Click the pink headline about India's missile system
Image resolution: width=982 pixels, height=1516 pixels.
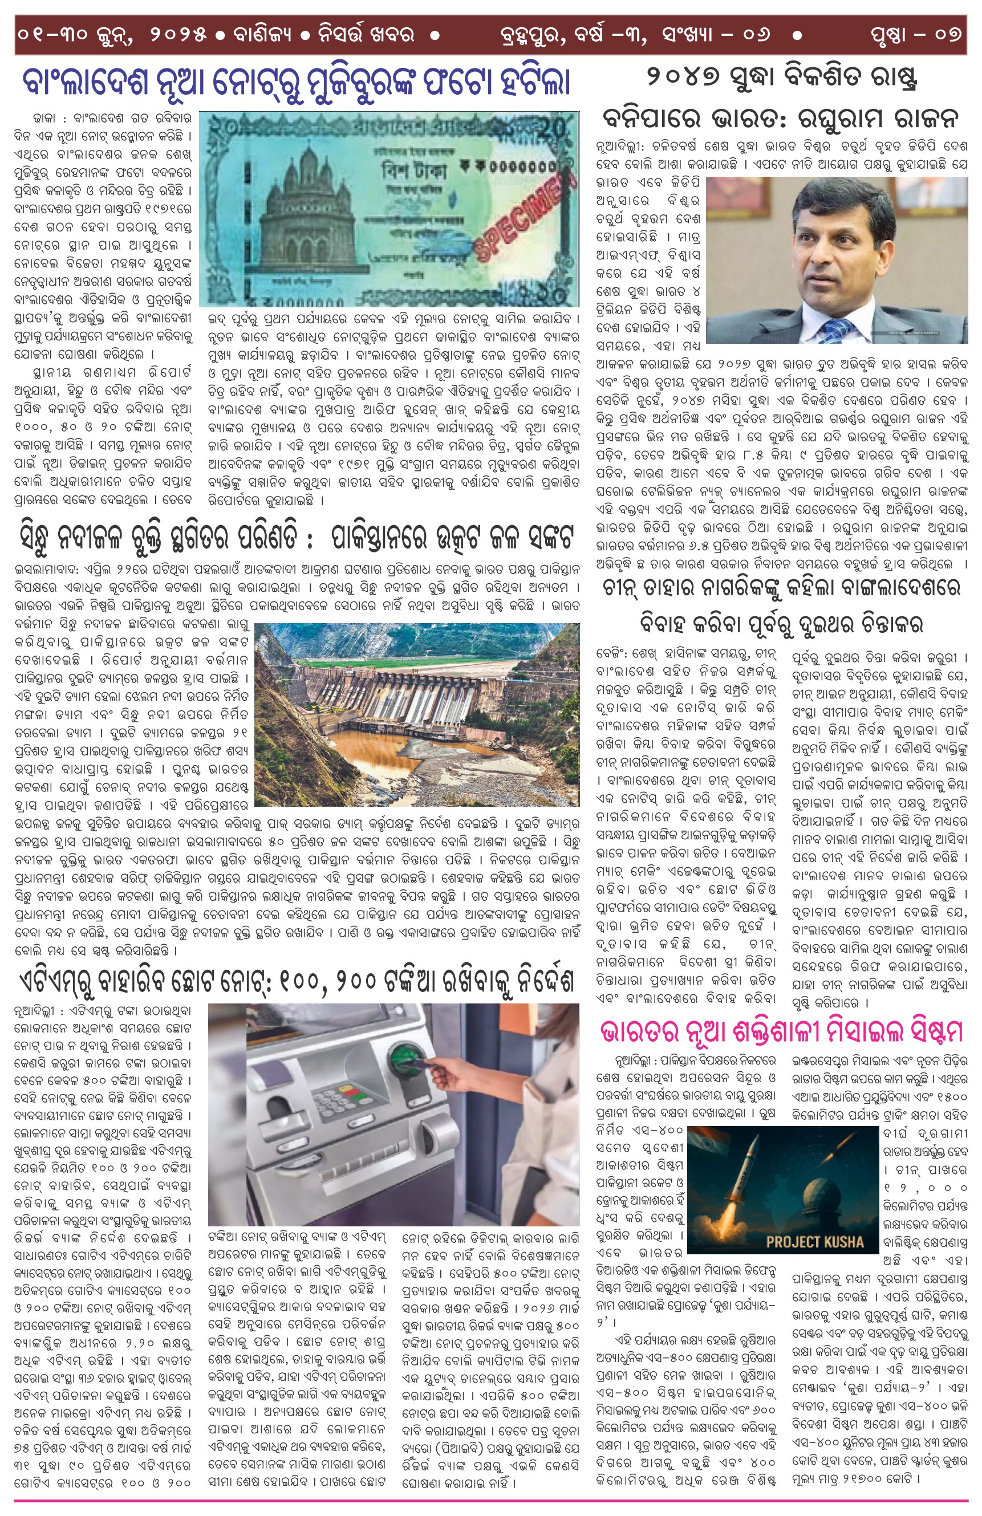click(781, 1031)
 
